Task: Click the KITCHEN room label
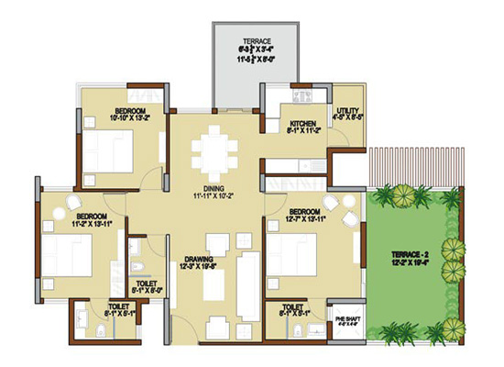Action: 303,123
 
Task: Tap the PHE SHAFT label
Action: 347,317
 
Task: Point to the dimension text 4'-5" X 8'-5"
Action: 347,118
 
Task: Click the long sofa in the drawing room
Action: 248,281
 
